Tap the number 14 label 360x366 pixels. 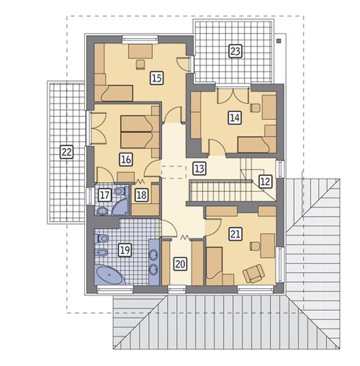coord(234,117)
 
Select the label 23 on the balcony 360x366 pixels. coord(235,51)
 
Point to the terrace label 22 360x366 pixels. coord(64,151)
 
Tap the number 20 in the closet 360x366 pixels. coord(180,263)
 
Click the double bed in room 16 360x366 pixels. coord(135,130)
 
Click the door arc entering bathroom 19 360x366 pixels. coord(165,227)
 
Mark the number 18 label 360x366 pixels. coord(142,195)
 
